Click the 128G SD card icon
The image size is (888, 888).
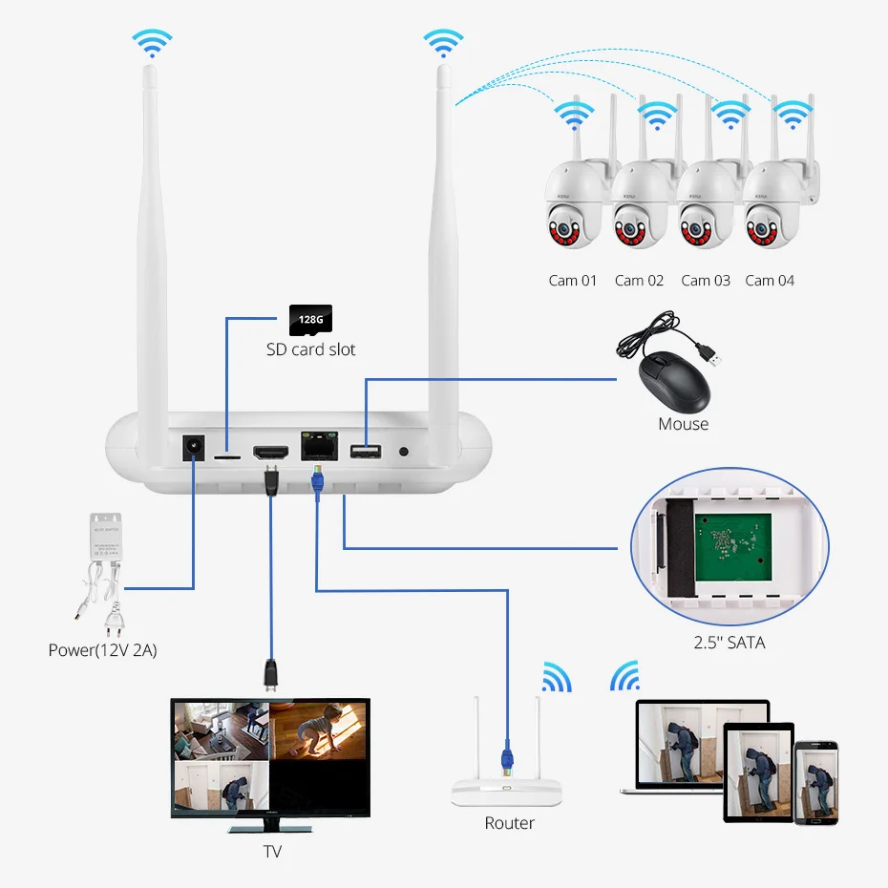coord(310,319)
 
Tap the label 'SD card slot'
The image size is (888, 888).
coord(310,349)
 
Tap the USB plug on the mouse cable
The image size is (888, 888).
coord(713,356)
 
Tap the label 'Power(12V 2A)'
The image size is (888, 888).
coord(102,650)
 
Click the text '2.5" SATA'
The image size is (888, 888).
coord(729,643)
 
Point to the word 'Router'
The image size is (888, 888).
coord(509,822)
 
